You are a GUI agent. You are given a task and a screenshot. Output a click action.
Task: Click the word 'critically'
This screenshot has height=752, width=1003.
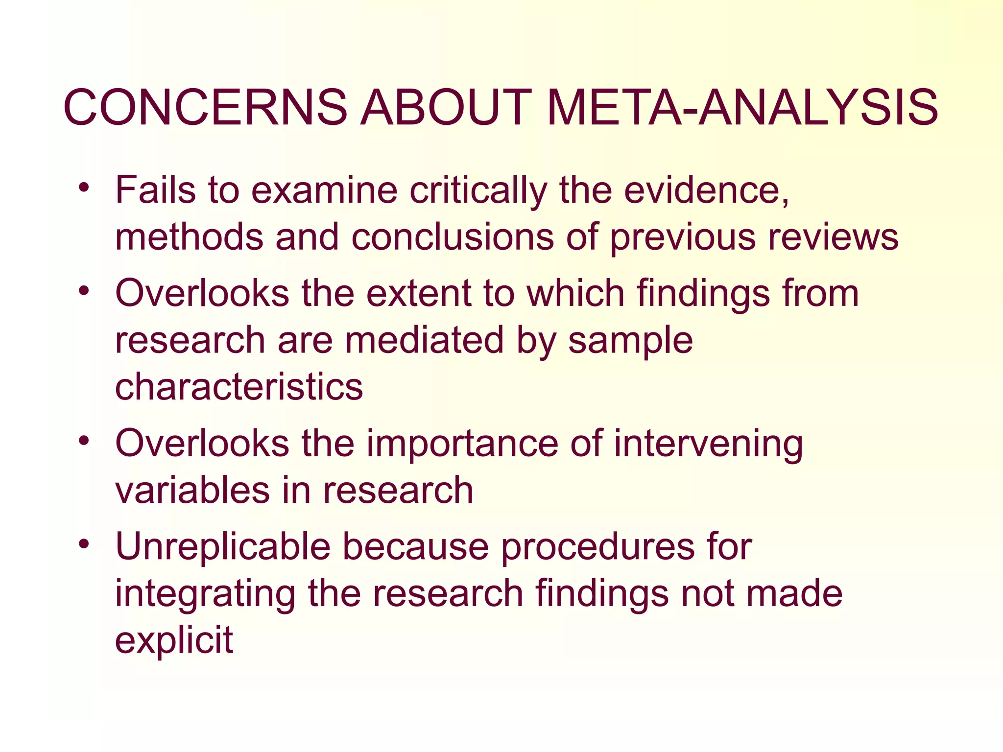click(x=478, y=191)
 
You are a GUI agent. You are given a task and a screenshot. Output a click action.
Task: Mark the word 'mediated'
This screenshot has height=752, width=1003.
click(x=424, y=340)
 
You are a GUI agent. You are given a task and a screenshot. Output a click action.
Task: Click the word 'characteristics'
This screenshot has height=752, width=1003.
click(x=239, y=387)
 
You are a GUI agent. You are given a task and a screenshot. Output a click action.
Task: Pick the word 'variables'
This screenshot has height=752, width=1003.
click(x=192, y=490)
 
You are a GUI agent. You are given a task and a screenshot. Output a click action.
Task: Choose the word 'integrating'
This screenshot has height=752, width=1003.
click(x=205, y=594)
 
